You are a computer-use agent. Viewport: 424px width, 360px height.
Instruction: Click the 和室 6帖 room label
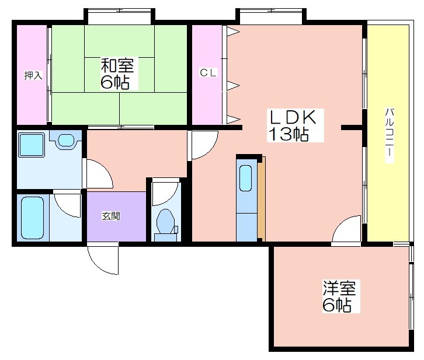click(117, 74)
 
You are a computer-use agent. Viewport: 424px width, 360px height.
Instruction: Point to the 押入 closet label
click(33, 75)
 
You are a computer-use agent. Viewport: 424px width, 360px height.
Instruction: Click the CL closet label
click(208, 73)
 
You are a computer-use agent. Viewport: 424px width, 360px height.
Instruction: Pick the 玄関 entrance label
click(111, 216)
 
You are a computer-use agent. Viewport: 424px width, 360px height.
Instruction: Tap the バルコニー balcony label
click(390, 135)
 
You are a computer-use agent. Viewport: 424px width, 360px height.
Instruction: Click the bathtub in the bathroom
click(32, 218)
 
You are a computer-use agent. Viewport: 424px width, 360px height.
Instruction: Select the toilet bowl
click(165, 222)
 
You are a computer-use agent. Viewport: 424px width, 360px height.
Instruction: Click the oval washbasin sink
click(66, 140)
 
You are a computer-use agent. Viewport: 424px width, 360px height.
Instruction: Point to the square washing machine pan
click(32, 145)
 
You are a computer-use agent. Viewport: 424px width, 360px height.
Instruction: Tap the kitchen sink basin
click(245, 178)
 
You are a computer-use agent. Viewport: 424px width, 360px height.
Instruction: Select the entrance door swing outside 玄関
click(103, 258)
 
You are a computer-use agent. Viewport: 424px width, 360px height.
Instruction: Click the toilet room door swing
click(165, 194)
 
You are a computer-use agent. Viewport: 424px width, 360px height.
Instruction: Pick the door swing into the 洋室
click(347, 229)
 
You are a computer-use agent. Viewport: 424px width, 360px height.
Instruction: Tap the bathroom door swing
click(68, 204)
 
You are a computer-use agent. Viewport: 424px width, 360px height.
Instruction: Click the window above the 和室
click(120, 11)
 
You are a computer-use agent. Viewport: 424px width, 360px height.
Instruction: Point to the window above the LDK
click(271, 11)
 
